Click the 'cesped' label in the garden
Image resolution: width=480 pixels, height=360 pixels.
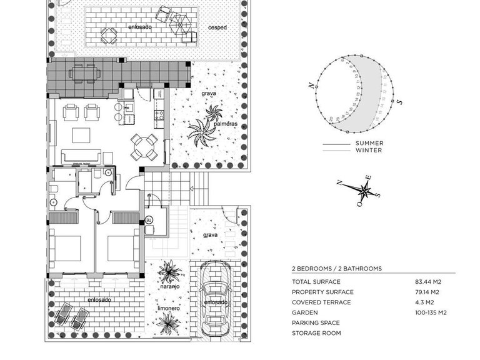tap(217, 28)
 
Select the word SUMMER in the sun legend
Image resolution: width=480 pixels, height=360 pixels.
tap(369, 143)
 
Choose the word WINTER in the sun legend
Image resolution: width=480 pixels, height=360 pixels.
tap(369, 150)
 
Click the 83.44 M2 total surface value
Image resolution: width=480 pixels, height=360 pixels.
tap(429, 282)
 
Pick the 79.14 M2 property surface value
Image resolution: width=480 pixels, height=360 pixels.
tap(428, 292)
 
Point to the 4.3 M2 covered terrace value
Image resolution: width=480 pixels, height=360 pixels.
tap(425, 302)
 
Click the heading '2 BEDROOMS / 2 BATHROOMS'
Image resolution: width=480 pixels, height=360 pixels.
tap(336, 268)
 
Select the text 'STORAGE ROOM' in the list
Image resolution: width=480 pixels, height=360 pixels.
tap(316, 333)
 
